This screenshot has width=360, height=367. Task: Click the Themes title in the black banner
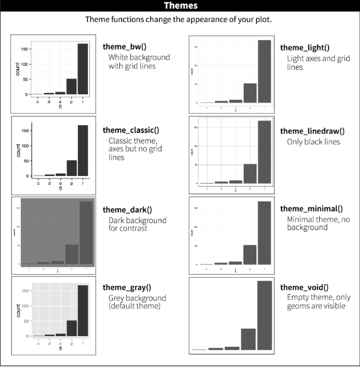(180, 6)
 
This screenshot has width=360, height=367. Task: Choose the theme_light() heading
(305, 48)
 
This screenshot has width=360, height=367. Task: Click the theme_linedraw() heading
(312, 131)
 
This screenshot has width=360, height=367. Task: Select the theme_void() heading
(304, 287)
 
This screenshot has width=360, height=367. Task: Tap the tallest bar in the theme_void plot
(265, 314)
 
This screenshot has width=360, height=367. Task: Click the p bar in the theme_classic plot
(72, 168)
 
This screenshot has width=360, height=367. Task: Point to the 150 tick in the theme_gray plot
(25, 291)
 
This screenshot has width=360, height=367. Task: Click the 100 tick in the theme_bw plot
(25, 64)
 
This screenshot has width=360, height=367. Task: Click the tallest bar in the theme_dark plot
(85, 233)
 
